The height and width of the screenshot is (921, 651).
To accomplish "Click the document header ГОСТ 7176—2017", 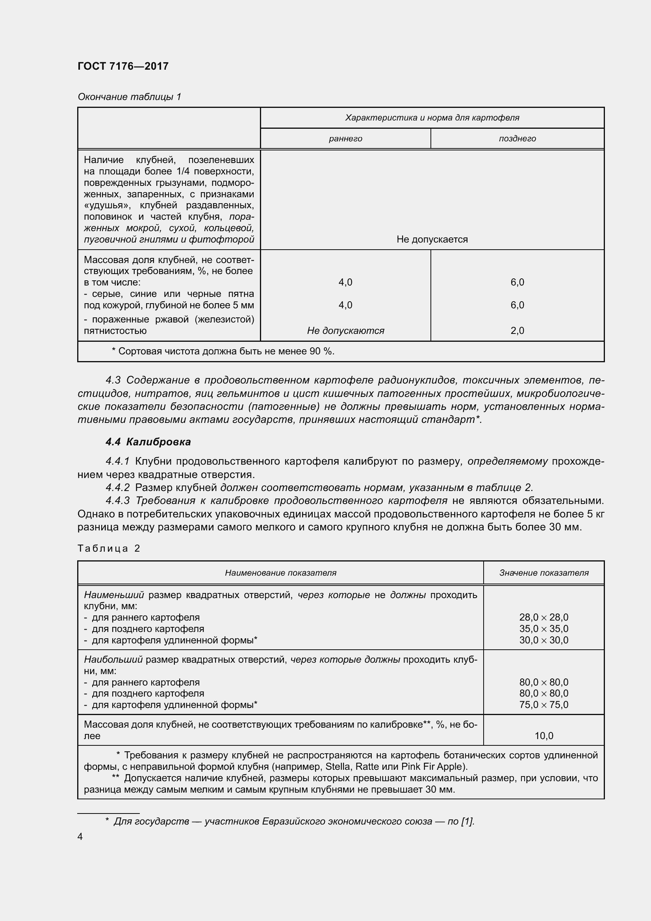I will click(123, 66).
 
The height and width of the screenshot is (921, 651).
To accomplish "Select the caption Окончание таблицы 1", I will click(129, 97).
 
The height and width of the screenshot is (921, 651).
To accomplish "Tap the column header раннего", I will click(345, 139).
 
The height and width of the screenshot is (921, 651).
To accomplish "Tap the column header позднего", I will click(517, 139).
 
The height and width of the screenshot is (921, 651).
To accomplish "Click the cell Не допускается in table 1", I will click(432, 239).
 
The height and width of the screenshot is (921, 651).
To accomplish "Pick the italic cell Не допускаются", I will click(345, 331).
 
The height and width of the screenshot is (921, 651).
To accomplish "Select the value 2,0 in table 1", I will click(517, 331).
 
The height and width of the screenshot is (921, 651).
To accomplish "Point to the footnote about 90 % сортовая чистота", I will click(223, 351).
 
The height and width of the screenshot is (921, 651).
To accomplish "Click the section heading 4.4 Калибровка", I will click(148, 442).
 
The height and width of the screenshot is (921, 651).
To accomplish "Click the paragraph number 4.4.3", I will click(117, 500).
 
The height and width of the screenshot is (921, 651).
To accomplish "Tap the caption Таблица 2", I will click(109, 549).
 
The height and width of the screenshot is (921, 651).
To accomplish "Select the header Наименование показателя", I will click(280, 573).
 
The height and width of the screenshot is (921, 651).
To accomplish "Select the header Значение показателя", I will click(543, 573).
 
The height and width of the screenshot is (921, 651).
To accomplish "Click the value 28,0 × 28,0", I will click(543, 617).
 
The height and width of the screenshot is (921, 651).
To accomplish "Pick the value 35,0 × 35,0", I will click(543, 628).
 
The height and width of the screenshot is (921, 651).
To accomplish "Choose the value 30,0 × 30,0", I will click(543, 640).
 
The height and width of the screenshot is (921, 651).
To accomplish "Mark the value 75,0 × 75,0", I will click(543, 705).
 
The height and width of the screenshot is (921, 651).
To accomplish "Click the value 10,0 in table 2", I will click(543, 736).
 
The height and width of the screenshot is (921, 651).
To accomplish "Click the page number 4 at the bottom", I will click(80, 837).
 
